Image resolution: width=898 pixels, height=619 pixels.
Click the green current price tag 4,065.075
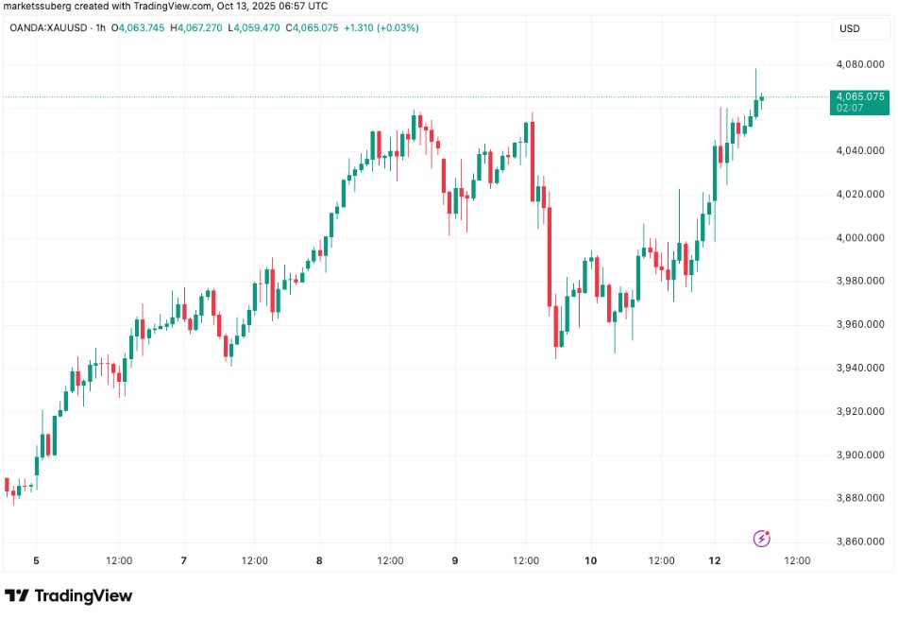(x=858, y=96)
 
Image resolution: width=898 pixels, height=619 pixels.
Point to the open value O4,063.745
(x=138, y=27)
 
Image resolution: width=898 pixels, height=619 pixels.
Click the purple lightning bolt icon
(x=762, y=539)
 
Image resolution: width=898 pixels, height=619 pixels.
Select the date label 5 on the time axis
(x=36, y=560)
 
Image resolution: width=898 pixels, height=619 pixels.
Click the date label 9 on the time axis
(x=454, y=560)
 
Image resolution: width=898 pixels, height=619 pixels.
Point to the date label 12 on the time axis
(x=715, y=560)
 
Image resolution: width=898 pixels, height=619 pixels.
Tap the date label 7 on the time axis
(x=183, y=560)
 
